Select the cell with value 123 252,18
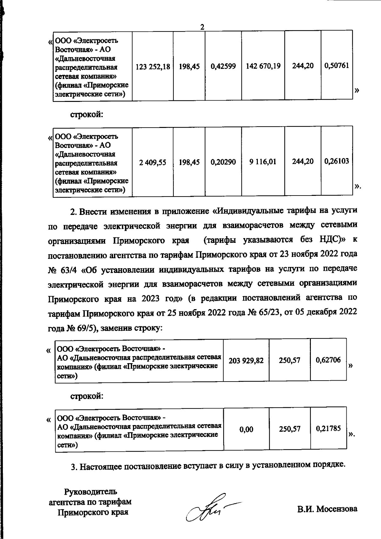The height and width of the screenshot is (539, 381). click(x=152, y=66)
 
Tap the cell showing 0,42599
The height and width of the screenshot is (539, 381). click(x=223, y=66)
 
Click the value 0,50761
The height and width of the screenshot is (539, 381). click(x=337, y=66)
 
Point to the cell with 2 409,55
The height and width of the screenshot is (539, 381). click(x=152, y=162)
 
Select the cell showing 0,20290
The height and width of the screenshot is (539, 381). click(x=223, y=162)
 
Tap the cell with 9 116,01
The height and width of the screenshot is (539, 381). click(x=263, y=162)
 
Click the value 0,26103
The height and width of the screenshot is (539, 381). click(x=337, y=161)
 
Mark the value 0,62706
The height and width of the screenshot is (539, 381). click(x=328, y=360)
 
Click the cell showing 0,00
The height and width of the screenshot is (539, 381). click(x=246, y=430)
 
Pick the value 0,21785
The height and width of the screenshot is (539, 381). click(x=328, y=429)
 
